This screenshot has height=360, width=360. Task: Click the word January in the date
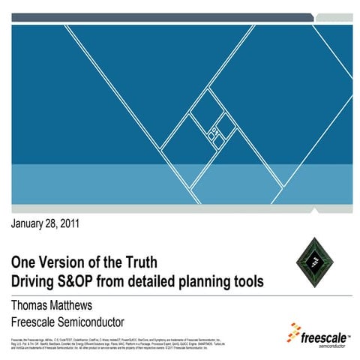click(x=33, y=223)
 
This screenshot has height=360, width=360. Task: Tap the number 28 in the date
click(x=62, y=223)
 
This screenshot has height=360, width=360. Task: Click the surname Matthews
click(x=91, y=304)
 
